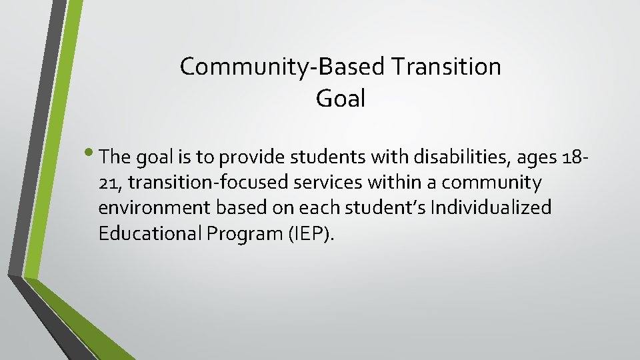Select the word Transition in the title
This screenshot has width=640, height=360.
tap(446, 67)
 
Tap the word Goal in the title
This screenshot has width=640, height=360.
tap(341, 99)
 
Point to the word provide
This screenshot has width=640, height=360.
tap(251, 157)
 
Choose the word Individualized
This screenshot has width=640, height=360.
tap(491, 208)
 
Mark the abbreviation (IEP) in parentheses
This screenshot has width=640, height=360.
tap(308, 233)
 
